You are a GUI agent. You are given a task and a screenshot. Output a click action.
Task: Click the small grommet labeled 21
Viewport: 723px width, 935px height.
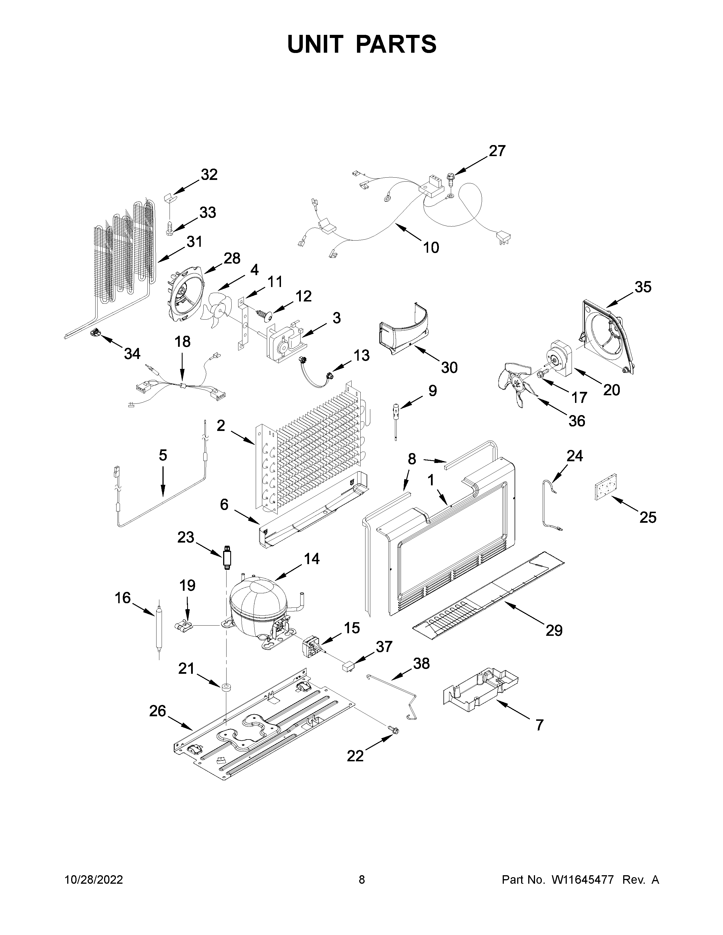click(226, 688)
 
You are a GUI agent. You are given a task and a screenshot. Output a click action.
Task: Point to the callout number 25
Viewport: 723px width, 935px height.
click(648, 518)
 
